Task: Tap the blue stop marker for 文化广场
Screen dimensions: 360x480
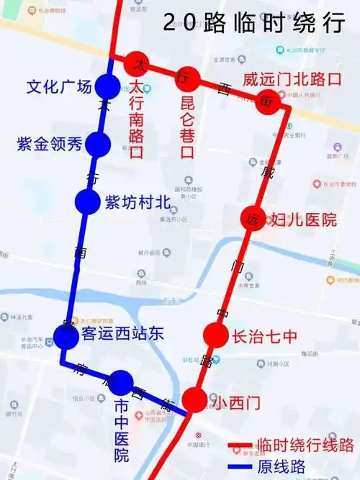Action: pos(107,87)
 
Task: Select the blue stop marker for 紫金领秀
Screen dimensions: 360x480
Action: pos(97,145)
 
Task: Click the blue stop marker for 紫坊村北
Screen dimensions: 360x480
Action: pos(87,201)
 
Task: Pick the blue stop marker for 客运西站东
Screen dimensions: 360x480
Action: pos(66,335)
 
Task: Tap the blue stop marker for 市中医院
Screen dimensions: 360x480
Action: pos(121,382)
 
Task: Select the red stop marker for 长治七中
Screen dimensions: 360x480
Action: pos(215,335)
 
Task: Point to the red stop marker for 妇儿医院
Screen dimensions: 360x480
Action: pos(253,218)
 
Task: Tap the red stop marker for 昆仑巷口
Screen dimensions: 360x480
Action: pos(186,76)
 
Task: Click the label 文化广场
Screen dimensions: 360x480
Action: pos(59,87)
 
